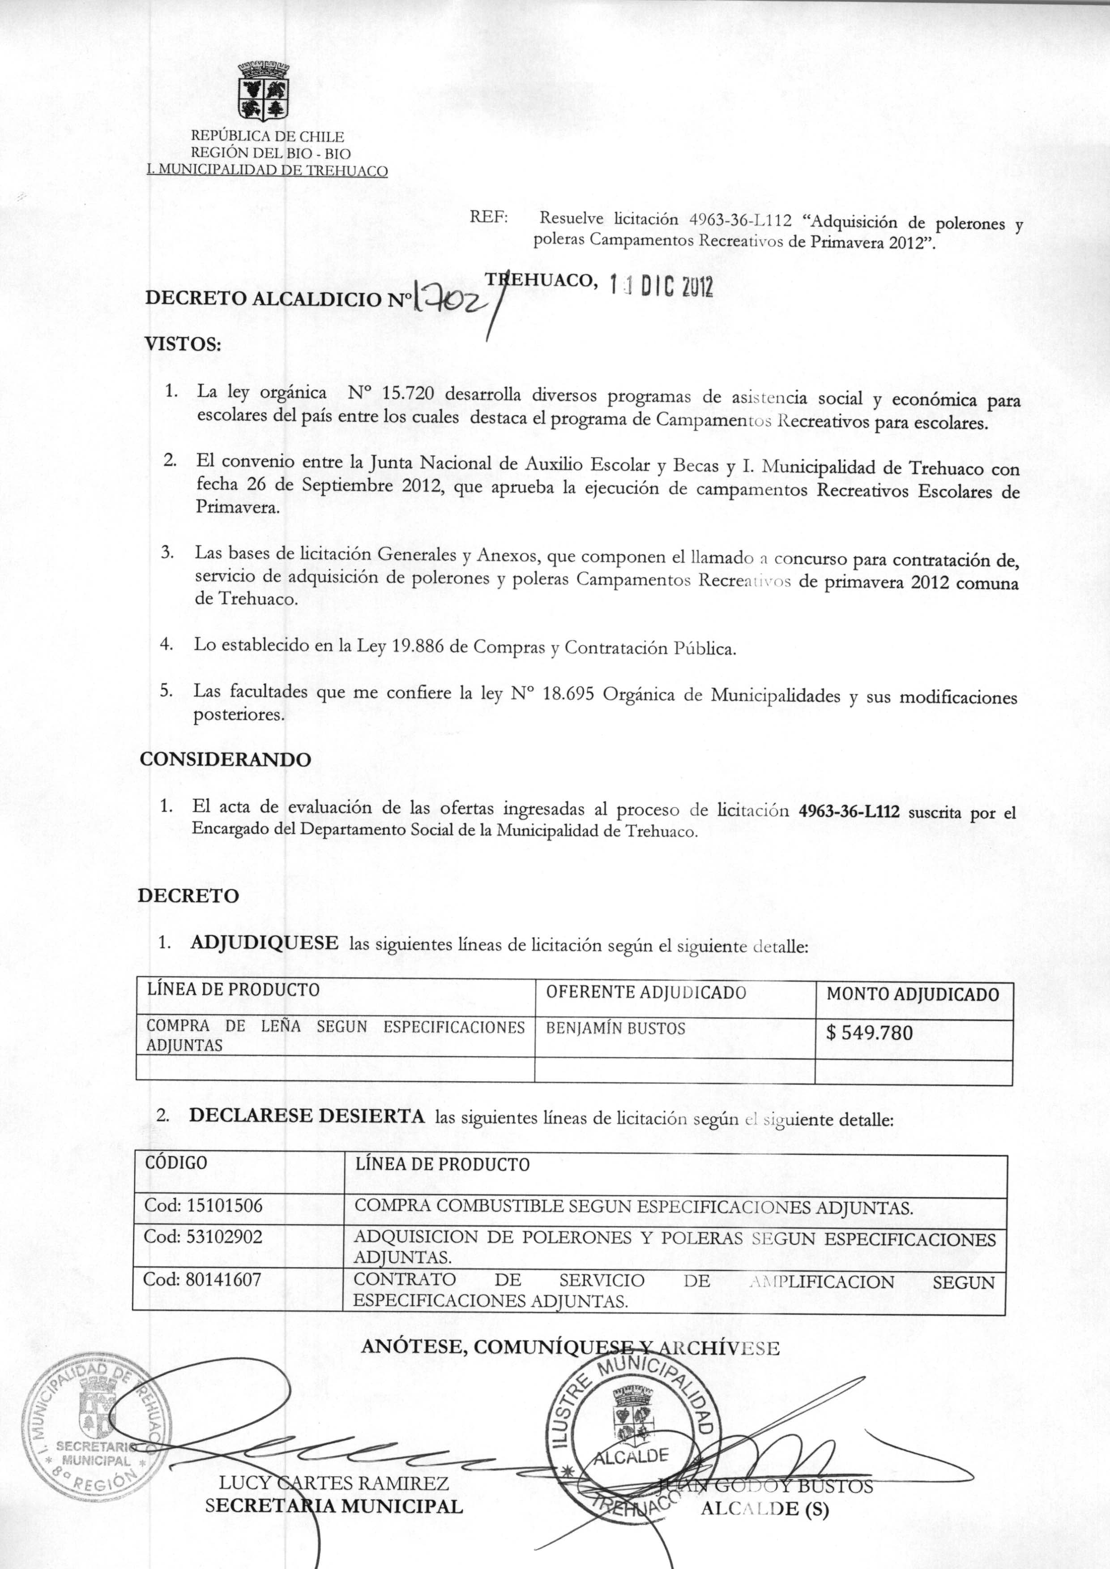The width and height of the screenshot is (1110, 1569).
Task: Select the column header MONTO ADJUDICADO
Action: [x=913, y=994]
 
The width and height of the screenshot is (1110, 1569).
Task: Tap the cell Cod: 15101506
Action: [x=203, y=1206]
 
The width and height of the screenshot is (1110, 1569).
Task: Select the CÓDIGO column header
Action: [x=176, y=1163]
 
